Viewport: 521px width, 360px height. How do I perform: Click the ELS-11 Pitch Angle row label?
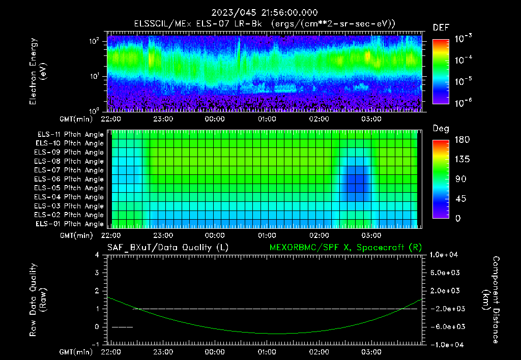(70, 135)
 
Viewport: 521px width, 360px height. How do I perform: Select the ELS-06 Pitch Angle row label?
(70, 179)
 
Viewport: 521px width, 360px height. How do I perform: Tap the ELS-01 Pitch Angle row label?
(70, 224)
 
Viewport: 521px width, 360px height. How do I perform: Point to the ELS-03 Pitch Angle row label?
(70, 206)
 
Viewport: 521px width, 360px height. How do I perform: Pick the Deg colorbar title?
(441, 129)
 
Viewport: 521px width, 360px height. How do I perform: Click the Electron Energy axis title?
(38, 71)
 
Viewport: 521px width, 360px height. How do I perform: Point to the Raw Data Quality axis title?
(38, 299)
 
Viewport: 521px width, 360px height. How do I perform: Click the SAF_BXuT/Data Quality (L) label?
(167, 247)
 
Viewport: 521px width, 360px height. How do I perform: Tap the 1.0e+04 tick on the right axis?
(445, 255)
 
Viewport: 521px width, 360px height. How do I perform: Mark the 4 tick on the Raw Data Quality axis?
(97, 255)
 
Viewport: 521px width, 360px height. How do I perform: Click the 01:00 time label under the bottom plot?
(267, 352)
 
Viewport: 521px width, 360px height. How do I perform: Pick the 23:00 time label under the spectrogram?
(163, 119)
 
